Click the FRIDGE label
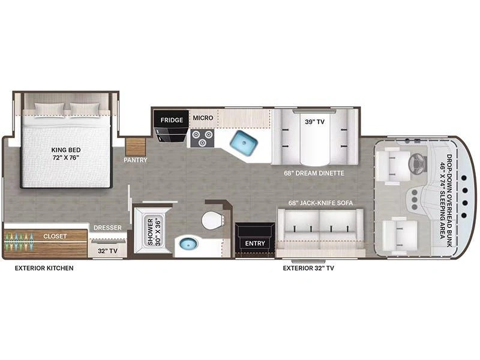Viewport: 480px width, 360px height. [172, 120]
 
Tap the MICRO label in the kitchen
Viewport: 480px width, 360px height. [203, 118]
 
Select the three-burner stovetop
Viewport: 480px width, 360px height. [202, 138]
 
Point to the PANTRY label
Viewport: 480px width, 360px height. [136, 160]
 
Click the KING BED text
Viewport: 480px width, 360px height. [66, 150]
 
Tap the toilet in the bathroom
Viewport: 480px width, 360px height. [212, 220]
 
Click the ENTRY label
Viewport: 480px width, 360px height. [254, 243]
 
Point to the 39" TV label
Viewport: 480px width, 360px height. [314, 122]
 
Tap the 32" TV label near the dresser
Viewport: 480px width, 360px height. [107, 251]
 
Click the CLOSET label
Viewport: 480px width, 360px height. [55, 236]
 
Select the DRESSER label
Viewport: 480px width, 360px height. [107, 227]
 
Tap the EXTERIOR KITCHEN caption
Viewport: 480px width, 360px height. [44, 268]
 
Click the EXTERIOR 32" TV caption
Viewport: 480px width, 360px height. [308, 268]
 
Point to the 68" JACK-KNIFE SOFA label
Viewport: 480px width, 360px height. [320, 203]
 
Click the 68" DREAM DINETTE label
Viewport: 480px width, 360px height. [314, 173]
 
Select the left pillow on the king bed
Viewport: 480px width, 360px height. [49, 110]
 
